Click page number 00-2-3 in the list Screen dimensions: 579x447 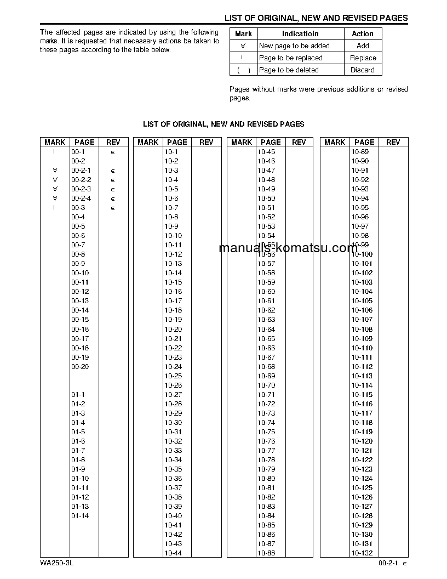coord(81,189)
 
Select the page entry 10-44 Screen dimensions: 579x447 coord(173,553)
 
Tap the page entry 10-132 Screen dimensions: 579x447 coord(362,553)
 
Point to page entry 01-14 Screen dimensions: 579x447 coord(80,516)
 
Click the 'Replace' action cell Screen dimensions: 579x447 coord(363,58)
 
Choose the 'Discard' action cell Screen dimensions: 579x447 coord(363,70)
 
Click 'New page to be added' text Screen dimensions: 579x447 coord(294,46)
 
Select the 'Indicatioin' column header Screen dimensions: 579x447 coord(300,34)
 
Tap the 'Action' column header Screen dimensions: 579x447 coord(363,34)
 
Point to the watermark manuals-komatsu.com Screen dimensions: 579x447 coord(288,248)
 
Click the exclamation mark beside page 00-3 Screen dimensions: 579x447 coord(54,208)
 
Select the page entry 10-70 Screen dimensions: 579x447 coord(266,385)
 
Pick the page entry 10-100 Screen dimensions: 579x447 coord(362,254)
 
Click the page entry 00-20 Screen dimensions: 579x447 coord(80,367)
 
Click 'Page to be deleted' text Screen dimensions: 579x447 coord(289,70)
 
